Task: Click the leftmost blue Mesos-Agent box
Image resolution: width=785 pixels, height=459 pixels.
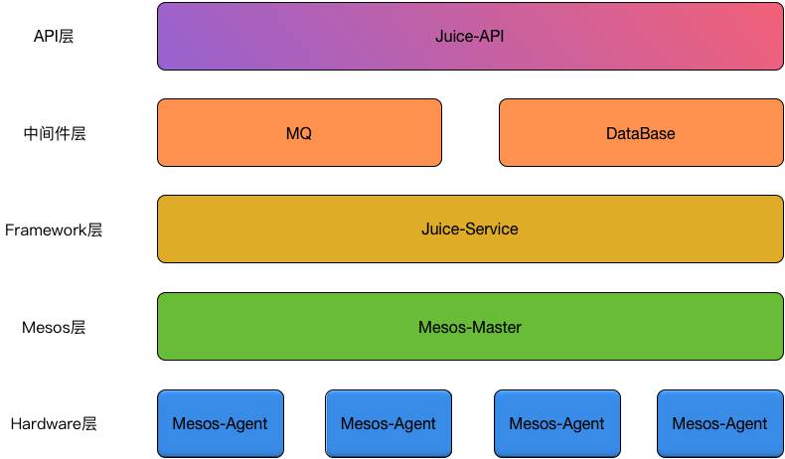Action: [220, 423]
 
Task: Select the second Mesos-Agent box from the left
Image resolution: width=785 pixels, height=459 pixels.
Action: [388, 423]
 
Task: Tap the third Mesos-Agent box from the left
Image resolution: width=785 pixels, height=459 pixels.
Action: [556, 423]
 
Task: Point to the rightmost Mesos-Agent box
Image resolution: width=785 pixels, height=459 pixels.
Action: [719, 423]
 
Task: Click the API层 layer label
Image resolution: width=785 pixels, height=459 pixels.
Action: [54, 37]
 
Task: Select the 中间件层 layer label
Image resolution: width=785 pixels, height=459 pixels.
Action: [55, 133]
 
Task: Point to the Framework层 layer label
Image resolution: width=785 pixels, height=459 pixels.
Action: [54, 230]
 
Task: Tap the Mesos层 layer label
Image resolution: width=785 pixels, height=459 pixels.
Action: [54, 327]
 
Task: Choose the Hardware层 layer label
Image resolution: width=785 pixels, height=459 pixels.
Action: [54, 424]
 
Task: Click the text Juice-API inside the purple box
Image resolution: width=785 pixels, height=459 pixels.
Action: [469, 37]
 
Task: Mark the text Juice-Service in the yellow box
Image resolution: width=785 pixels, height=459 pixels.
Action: [469, 229]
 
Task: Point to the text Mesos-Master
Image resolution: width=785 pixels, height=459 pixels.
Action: [469, 327]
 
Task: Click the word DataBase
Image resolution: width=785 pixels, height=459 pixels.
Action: [640, 133]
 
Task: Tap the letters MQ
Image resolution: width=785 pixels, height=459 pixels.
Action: [298, 133]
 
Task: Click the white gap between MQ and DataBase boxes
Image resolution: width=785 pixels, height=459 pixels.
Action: [470, 132]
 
